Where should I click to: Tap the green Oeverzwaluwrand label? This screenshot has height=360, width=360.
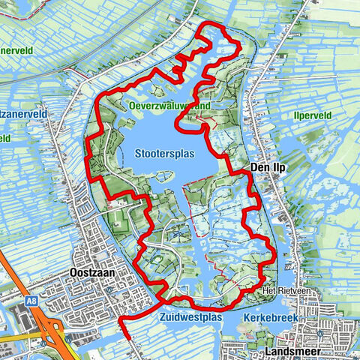click(168, 106)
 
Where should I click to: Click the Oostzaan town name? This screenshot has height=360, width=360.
click(90, 274)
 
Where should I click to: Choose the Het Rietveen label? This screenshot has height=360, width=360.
click(280, 289)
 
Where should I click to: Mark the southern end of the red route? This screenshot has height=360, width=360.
click(130, 339)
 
